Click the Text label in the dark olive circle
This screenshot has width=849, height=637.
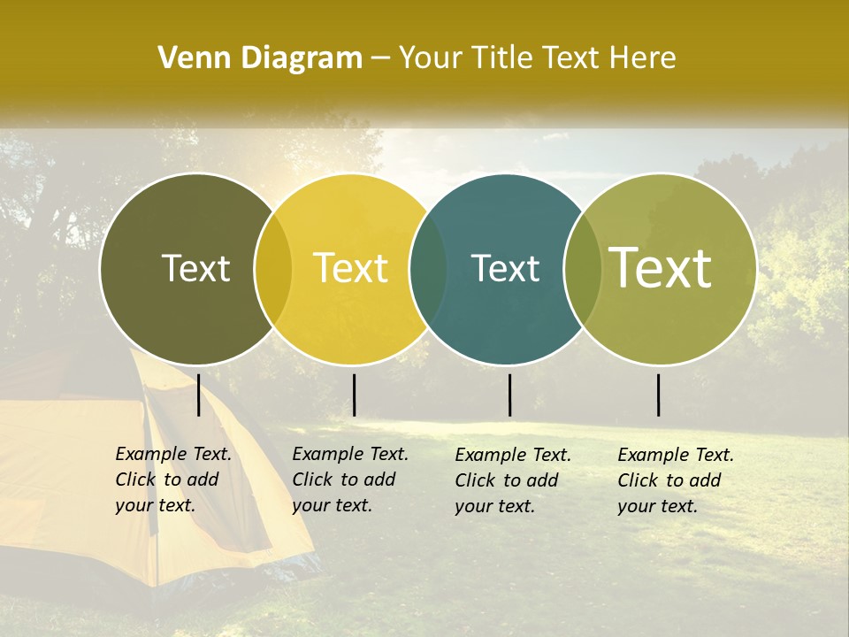tap(195, 269)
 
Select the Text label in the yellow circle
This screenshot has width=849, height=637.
tap(350, 269)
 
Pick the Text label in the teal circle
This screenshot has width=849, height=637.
tap(505, 269)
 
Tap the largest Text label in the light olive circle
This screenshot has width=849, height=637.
tap(661, 267)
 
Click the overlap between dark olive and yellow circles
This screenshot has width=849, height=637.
tap(273, 269)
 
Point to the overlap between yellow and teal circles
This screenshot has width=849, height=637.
tap(428, 269)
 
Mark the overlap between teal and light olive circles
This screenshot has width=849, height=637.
tap(583, 269)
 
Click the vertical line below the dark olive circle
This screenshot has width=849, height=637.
tap(199, 395)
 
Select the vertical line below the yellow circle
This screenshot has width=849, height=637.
tap(354, 395)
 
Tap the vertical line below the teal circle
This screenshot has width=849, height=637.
tap(509, 395)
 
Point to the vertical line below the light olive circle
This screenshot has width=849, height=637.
tap(659, 395)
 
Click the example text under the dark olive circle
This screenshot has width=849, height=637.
tap(172, 480)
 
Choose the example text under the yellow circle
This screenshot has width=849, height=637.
tap(349, 480)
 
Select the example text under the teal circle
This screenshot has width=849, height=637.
tap(512, 480)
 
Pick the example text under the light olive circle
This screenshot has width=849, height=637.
tap(675, 480)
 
